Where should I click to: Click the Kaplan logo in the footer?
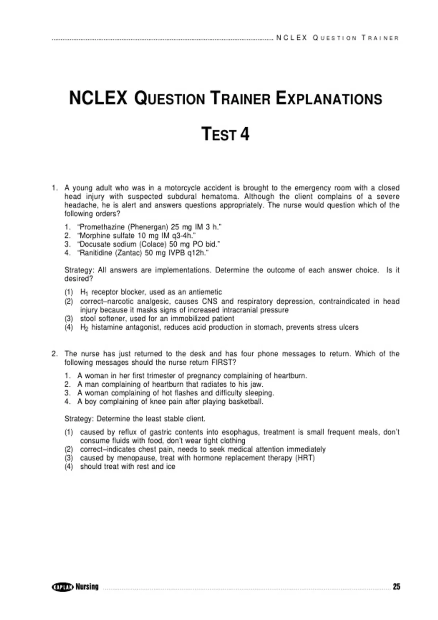tap(63, 587)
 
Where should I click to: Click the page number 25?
tap(396, 586)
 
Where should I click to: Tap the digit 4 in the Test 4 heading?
tap(245, 134)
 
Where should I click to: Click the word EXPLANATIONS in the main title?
tap(329, 99)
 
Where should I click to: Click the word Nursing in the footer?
tap(87, 587)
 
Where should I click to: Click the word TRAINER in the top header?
tap(380, 38)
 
